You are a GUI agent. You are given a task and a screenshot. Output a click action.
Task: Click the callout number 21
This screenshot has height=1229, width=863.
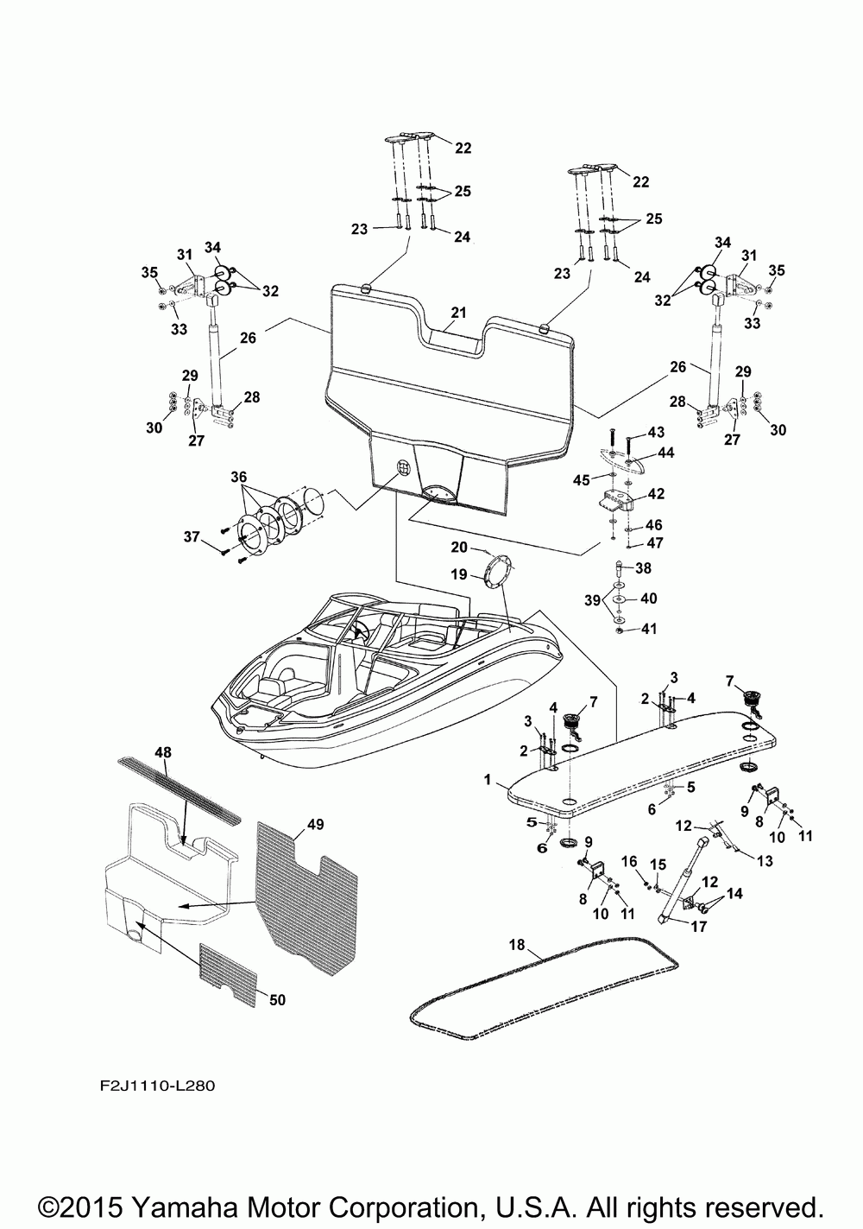pyautogui.click(x=458, y=313)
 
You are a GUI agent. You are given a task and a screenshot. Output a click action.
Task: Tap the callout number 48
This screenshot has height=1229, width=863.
pyautogui.click(x=163, y=752)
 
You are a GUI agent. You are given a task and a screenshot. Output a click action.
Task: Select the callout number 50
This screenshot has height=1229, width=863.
pyautogui.click(x=278, y=1000)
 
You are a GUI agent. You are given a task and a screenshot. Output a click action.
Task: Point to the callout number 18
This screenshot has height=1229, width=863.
pyautogui.click(x=517, y=945)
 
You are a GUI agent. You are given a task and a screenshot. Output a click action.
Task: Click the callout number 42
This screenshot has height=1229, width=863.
pyautogui.click(x=656, y=494)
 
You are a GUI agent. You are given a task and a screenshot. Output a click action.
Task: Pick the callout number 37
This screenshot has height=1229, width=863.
pyautogui.click(x=192, y=536)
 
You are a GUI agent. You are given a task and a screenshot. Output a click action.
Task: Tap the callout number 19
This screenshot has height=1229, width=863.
pyautogui.click(x=459, y=574)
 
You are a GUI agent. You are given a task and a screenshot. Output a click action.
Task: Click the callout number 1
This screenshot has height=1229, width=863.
pyautogui.click(x=488, y=780)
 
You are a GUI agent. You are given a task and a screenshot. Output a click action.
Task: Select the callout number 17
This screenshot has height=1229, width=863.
pyautogui.click(x=699, y=927)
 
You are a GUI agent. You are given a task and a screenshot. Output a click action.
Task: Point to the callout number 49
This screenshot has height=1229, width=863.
pyautogui.click(x=316, y=824)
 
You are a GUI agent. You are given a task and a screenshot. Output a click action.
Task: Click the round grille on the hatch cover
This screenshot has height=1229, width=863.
pyautogui.click(x=404, y=468)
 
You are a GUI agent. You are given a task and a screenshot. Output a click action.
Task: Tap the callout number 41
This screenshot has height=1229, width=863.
pyautogui.click(x=649, y=628)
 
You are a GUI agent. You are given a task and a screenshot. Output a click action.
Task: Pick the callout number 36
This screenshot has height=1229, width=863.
pyautogui.click(x=238, y=477)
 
